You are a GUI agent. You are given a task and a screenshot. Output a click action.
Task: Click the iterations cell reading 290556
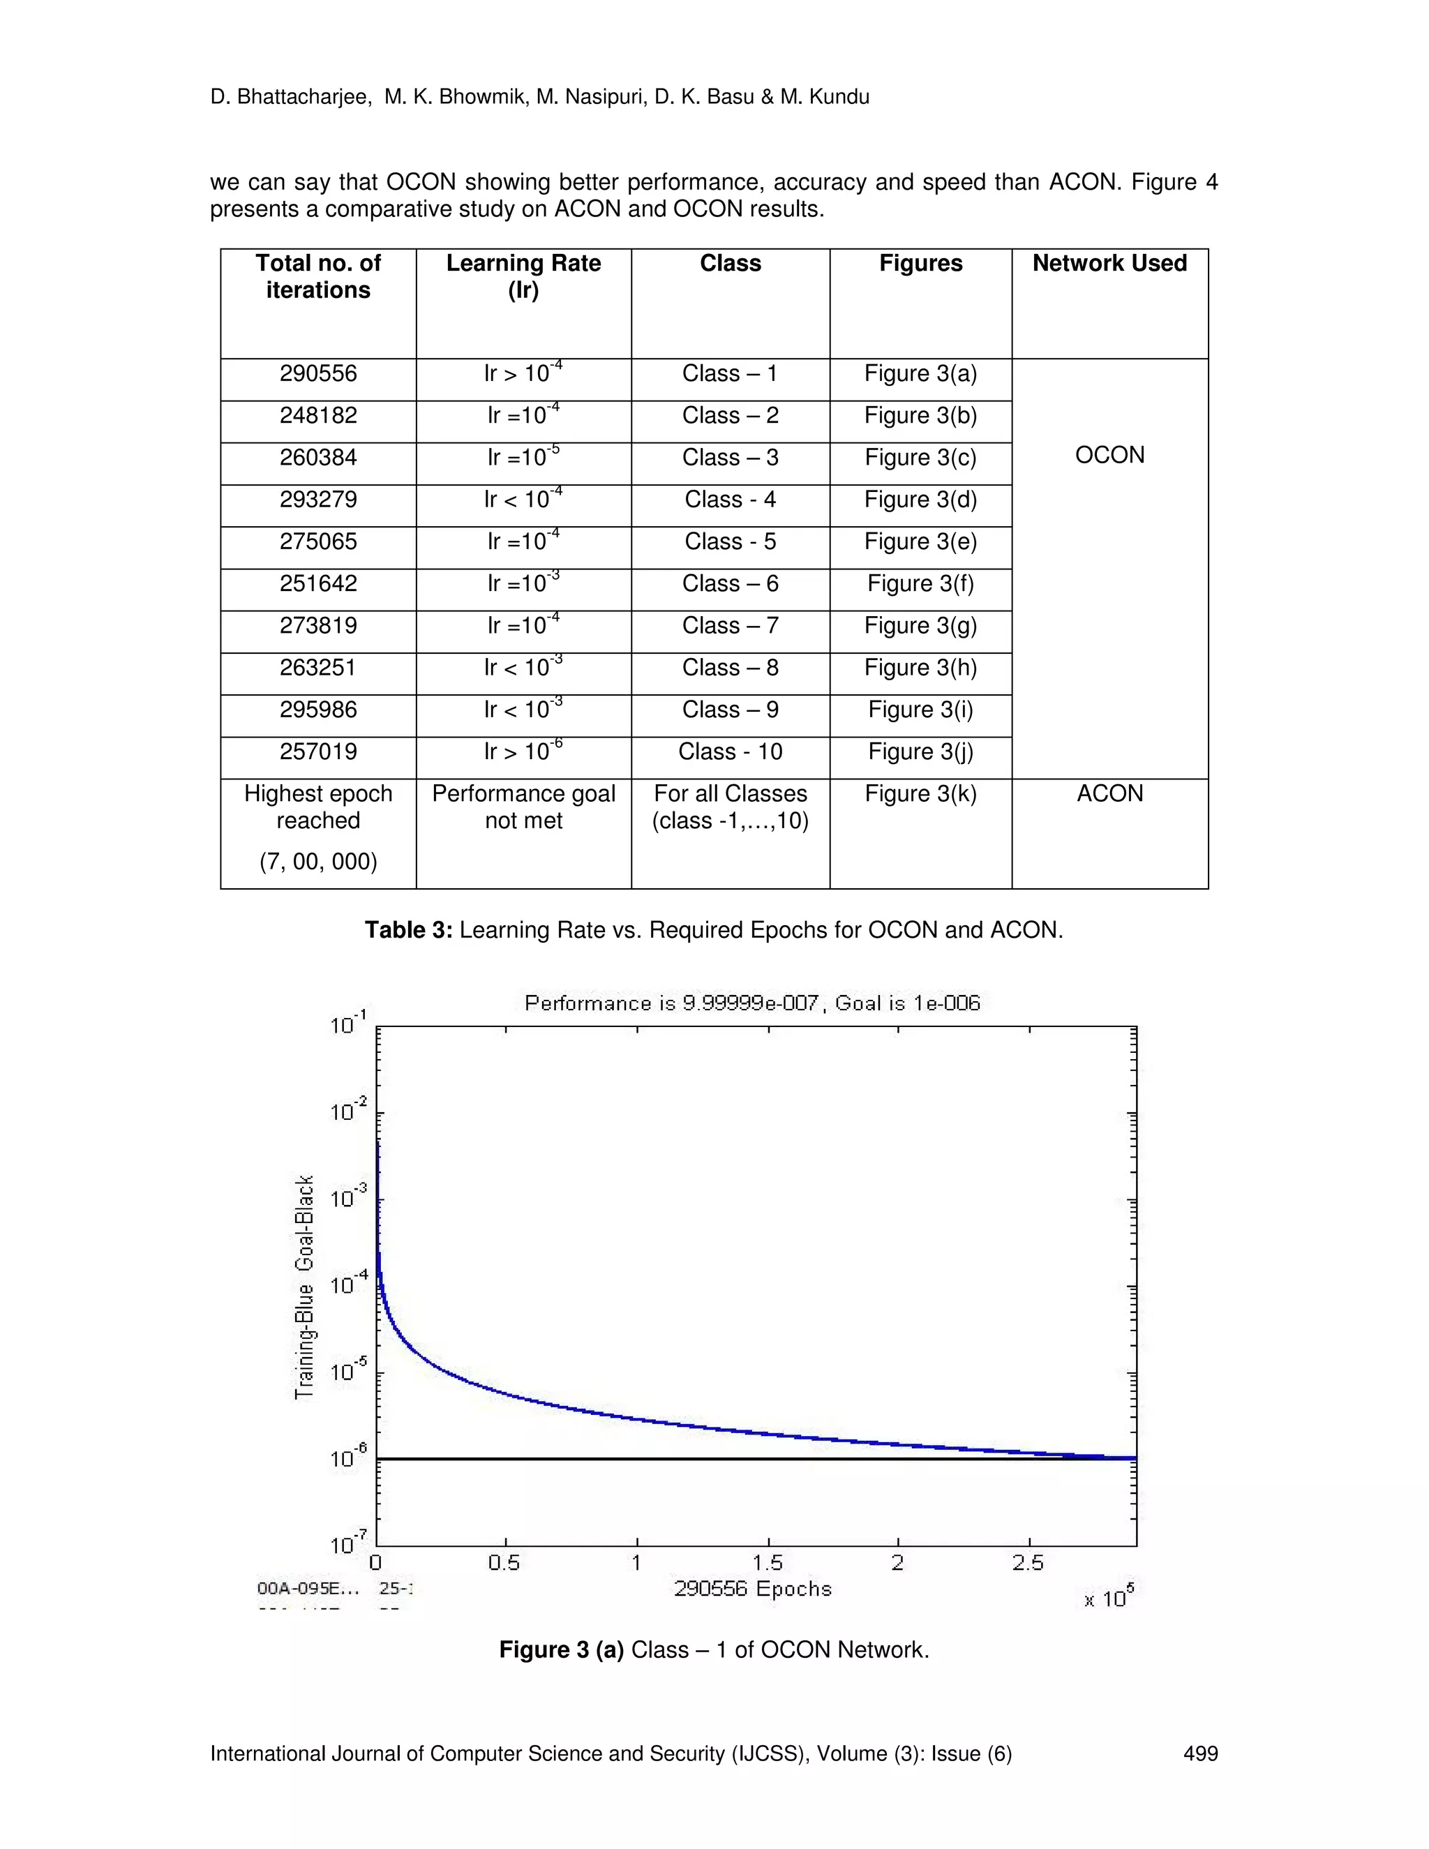coord(318,374)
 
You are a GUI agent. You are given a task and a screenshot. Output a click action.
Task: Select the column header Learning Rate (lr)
coord(523,276)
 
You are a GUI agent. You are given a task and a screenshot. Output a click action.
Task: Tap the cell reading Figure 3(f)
coord(920,584)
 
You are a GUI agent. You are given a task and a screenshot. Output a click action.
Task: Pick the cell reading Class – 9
coord(730,710)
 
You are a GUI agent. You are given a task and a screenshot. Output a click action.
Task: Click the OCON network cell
coord(1109,456)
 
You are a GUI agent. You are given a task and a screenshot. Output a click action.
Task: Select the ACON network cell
coord(1109,794)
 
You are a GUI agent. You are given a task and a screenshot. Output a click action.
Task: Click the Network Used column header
coord(1109,263)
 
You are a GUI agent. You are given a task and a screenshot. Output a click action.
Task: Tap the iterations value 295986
coord(318,710)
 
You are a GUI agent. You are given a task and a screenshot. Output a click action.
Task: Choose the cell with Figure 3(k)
coord(920,794)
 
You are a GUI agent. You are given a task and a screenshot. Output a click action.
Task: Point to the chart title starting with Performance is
coord(751,1003)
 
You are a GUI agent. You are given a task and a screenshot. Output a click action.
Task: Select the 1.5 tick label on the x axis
coord(767,1563)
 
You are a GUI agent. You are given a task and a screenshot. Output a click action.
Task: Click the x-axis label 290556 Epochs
coord(753,1589)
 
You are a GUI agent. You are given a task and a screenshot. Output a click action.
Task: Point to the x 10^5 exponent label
coord(1108,1596)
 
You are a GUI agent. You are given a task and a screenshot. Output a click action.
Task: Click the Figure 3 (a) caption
coord(714,1650)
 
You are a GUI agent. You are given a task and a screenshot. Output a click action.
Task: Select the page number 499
coord(1199,1753)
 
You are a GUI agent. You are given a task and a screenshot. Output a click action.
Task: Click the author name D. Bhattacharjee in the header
coord(290,98)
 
